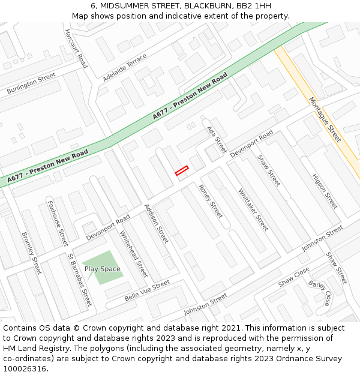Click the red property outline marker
[182, 171]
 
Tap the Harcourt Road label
[76, 48]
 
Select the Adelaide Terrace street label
[124, 67]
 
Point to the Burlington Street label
[31, 83]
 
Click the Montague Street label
[325, 119]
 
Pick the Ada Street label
[217, 139]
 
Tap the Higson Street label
[325, 191]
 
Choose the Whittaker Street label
[253, 210]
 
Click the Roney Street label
[211, 201]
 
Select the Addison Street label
[157, 224]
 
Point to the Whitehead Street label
[133, 253]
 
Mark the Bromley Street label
[32, 253]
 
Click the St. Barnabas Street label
[80, 280]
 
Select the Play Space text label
[102, 269]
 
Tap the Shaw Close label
[294, 277]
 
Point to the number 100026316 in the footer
[24, 369]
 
